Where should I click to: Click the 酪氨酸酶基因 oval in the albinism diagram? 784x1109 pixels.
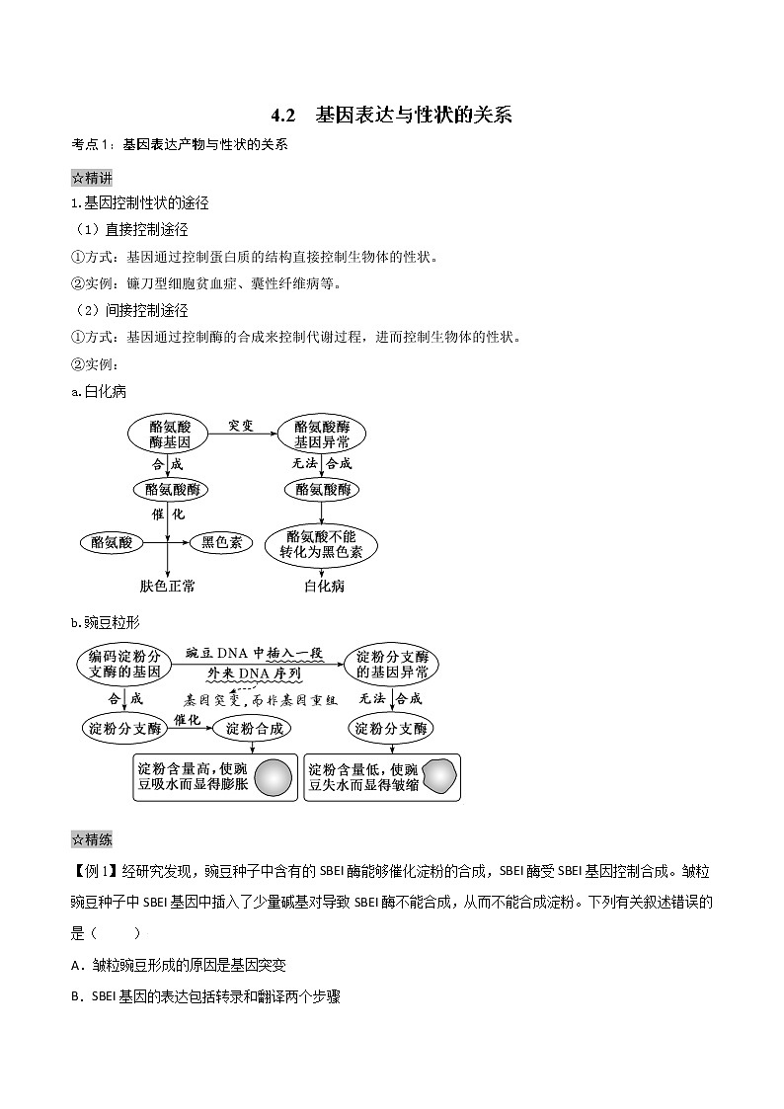pos(164,435)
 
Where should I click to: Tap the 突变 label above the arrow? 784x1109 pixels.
pos(241,426)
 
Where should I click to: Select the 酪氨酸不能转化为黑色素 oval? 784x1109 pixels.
pos(321,544)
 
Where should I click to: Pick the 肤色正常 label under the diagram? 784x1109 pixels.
pos(168,587)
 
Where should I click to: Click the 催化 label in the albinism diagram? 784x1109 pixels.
pos(168,515)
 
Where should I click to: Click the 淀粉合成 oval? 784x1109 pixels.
pos(255,728)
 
